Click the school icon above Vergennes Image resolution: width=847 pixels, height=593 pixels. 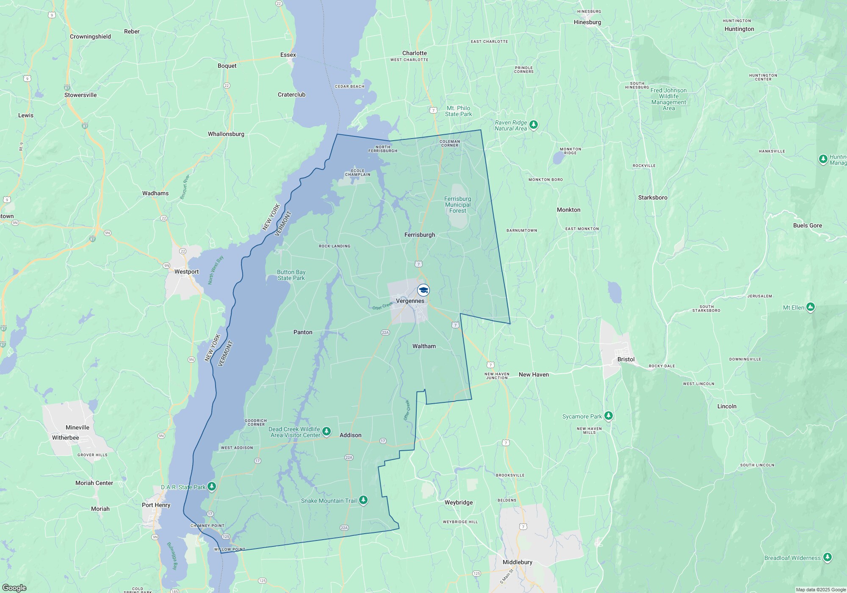pyautogui.click(x=423, y=290)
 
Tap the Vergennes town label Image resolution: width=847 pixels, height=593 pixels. pyautogui.click(x=410, y=301)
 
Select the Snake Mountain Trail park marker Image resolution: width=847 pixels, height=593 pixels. pyautogui.click(x=363, y=500)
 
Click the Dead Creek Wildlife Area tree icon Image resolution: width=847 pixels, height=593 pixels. pyautogui.click(x=326, y=431)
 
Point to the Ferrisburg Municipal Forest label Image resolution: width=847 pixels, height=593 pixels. pyautogui.click(x=457, y=205)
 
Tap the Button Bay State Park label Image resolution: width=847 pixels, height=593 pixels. pyautogui.click(x=291, y=275)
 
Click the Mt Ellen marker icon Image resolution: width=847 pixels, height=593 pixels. pyautogui.click(x=810, y=307)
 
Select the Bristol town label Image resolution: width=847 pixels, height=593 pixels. pyautogui.click(x=626, y=359)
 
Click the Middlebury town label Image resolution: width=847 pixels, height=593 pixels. pyautogui.click(x=517, y=562)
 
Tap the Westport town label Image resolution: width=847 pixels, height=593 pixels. pyautogui.click(x=186, y=272)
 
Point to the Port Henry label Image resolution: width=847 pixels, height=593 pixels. pyautogui.click(x=156, y=505)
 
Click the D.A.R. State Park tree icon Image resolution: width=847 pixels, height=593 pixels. pyautogui.click(x=211, y=486)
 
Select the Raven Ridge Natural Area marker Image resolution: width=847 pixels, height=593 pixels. pyautogui.click(x=534, y=125)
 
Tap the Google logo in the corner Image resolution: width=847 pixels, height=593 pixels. pyautogui.click(x=14, y=587)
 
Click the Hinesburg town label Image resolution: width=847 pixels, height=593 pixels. pyautogui.click(x=587, y=22)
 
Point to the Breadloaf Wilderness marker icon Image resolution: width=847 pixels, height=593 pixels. pyautogui.click(x=827, y=557)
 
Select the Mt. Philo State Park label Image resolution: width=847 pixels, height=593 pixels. pyautogui.click(x=458, y=111)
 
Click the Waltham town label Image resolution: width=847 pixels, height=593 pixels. pyautogui.click(x=424, y=346)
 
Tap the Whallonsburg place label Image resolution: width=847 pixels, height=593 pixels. pyautogui.click(x=226, y=134)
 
